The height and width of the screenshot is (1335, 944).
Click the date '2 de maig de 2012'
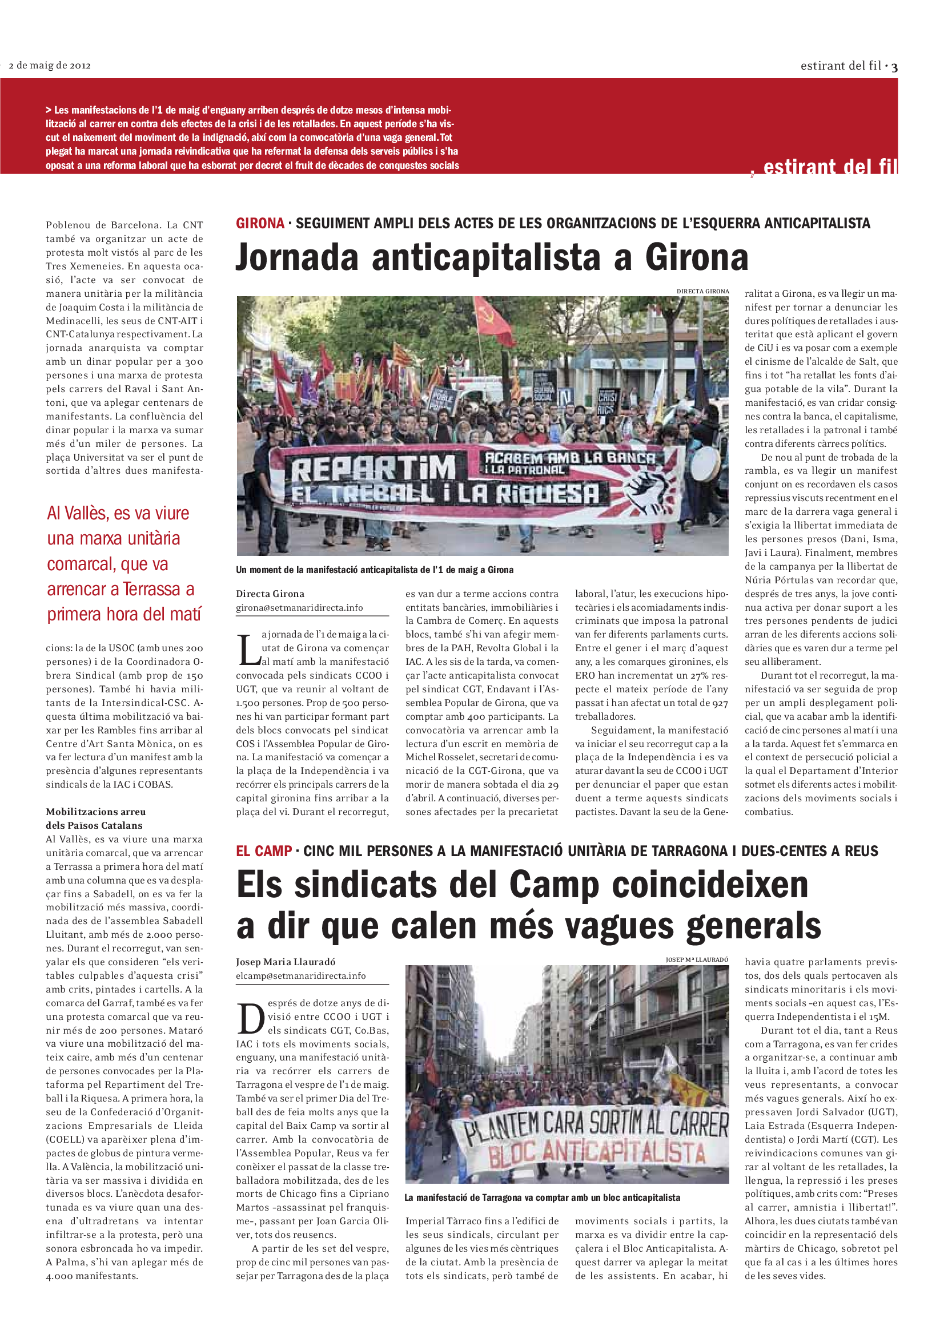pyautogui.click(x=50, y=65)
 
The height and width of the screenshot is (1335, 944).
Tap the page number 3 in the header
pyautogui.click(x=894, y=67)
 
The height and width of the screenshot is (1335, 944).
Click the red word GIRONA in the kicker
pyautogui.click(x=260, y=223)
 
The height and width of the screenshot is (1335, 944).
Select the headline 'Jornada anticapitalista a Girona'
pyautogui.click(x=492, y=257)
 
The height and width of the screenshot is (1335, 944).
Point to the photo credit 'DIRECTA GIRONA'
pyautogui.click(x=702, y=291)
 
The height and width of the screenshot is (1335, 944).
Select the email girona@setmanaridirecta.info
pyautogui.click(x=299, y=608)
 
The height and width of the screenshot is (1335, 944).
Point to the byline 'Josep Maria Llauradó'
pyautogui.click(x=286, y=962)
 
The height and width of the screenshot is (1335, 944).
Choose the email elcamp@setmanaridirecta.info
pyautogui.click(x=301, y=975)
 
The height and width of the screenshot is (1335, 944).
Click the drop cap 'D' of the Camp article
pyautogui.click(x=251, y=1019)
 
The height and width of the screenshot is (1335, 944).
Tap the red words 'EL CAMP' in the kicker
pyautogui.click(x=263, y=851)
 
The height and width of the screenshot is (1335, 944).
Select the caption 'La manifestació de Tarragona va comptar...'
pyautogui.click(x=542, y=1198)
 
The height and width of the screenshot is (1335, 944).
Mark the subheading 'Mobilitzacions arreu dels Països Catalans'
pyautogui.click(x=95, y=818)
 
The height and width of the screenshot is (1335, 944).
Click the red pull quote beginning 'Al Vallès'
pyautogui.click(x=124, y=563)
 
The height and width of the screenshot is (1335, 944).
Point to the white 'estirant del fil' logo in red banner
pyautogui.click(x=829, y=167)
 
